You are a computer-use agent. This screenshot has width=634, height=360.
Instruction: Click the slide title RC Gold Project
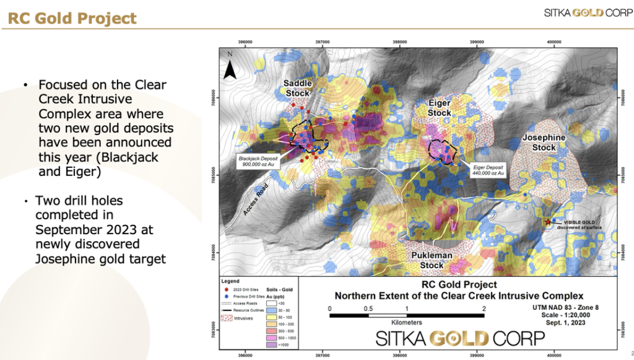click(x=72, y=17)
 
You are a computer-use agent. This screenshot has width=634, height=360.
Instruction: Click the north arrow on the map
click(x=230, y=67)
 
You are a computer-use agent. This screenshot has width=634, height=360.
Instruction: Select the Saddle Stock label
click(x=297, y=88)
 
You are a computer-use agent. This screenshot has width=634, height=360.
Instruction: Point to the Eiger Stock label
click(x=439, y=108)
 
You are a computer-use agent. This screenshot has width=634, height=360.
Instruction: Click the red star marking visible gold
click(x=547, y=221)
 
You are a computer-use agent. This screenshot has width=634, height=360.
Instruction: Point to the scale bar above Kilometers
click(x=406, y=315)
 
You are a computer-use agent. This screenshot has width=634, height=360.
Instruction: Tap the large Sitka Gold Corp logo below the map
click(x=461, y=338)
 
